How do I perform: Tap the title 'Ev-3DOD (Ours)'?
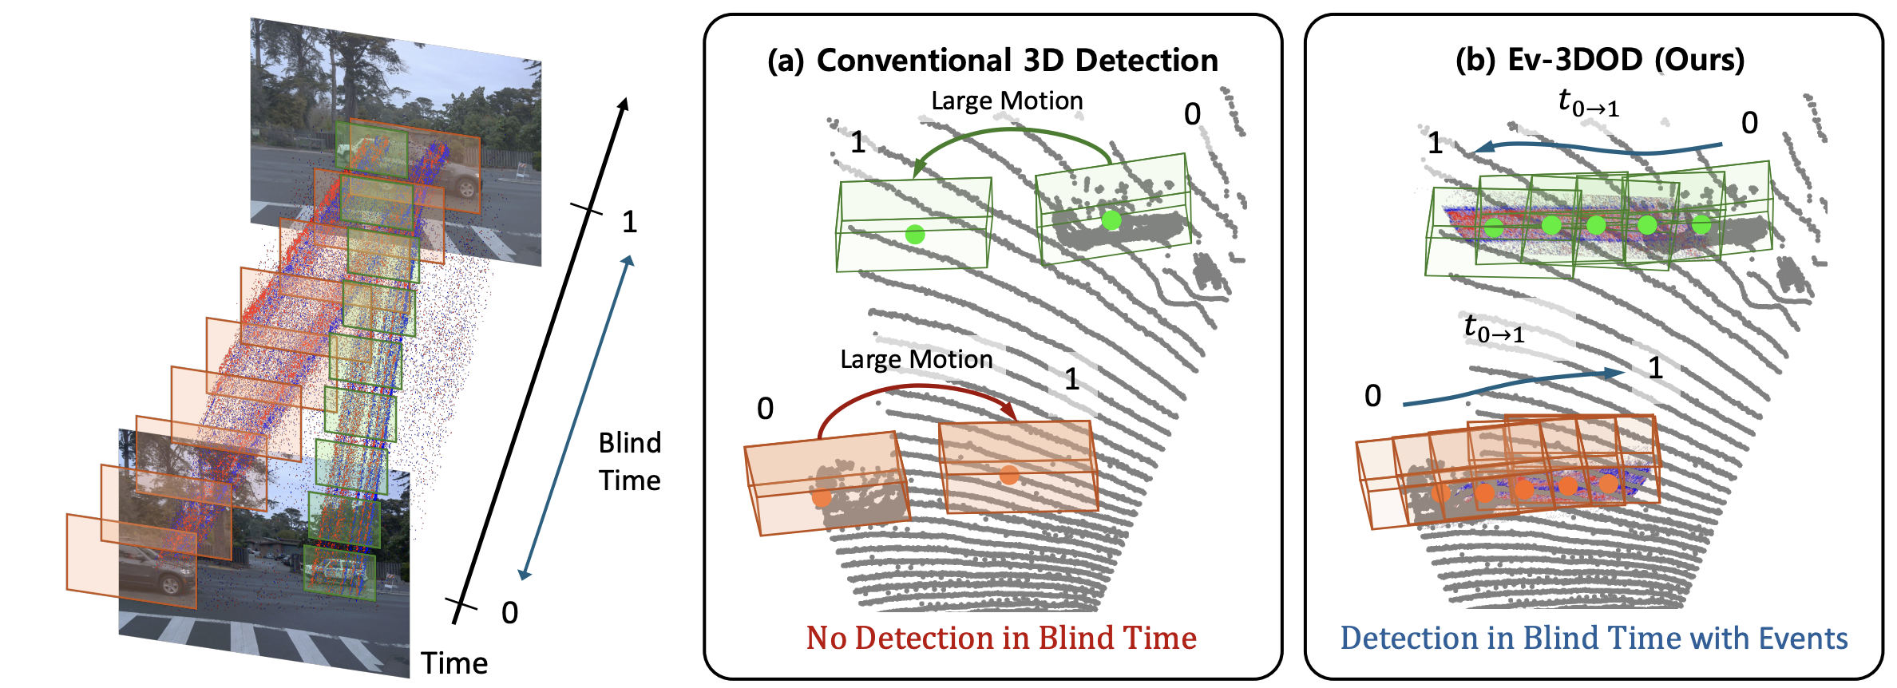(1625, 60)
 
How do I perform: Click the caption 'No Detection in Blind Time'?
(1001, 638)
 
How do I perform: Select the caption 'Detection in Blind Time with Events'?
(1594, 638)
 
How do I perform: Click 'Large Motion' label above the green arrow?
(1007, 101)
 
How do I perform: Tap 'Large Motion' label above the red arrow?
(916, 360)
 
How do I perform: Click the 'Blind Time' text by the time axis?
(630, 461)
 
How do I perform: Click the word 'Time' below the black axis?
(454, 663)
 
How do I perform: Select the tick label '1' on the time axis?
(629, 222)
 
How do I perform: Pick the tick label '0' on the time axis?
(509, 613)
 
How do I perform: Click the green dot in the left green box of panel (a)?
(915, 234)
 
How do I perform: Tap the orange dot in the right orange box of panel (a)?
(1009, 475)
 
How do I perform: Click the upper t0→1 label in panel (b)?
(1589, 104)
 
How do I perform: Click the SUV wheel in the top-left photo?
(466, 189)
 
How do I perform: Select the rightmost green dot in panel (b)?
(1701, 225)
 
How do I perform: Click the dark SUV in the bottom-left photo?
(156, 573)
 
